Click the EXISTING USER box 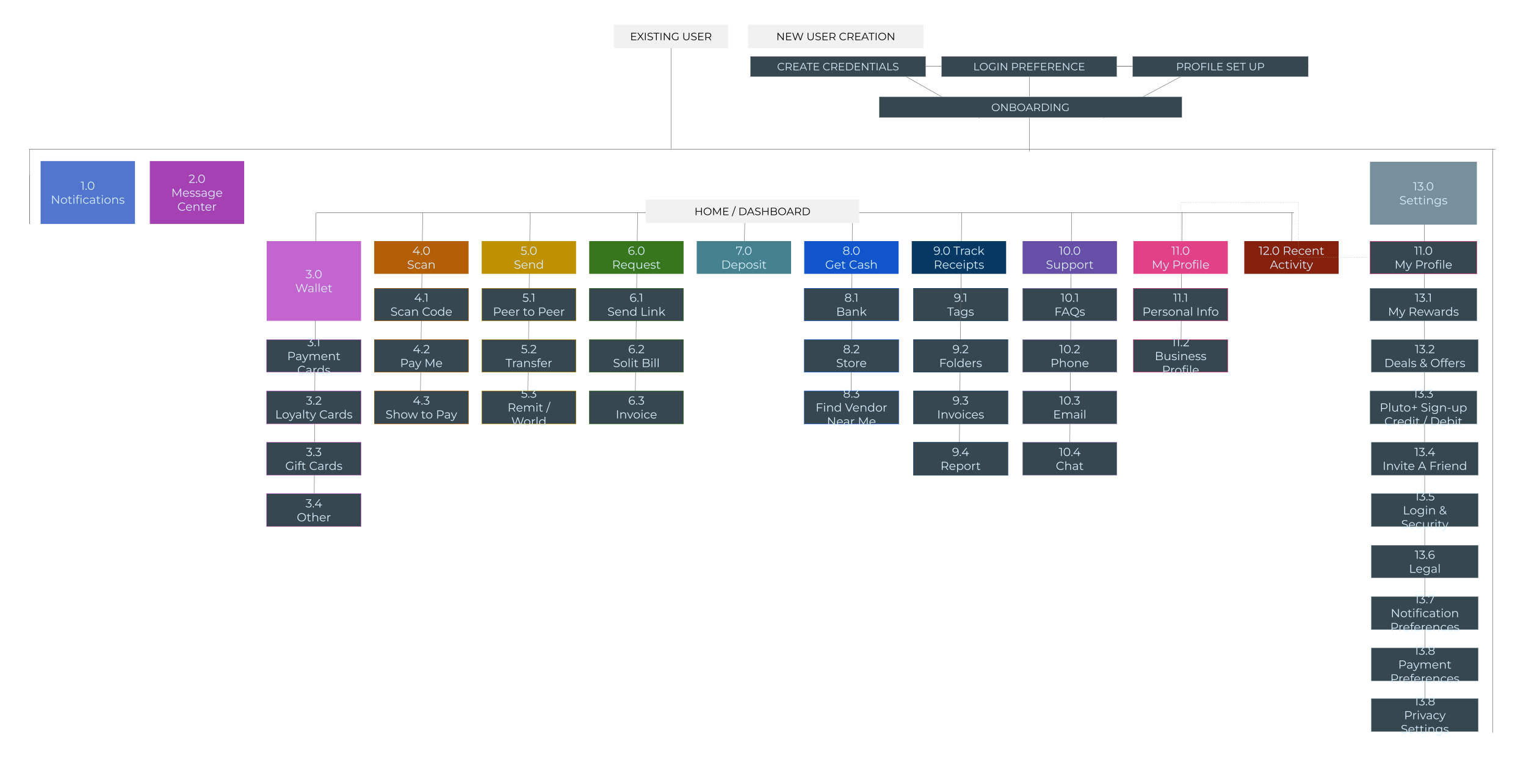point(670,37)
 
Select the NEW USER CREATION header point(835,37)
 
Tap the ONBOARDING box point(1030,107)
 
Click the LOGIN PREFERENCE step point(1029,67)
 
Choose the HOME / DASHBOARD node point(751,212)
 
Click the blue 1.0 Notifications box point(87,192)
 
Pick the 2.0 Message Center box point(197,192)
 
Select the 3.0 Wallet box point(313,281)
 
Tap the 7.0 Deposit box point(743,258)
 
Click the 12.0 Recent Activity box point(1290,258)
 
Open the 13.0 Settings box point(1422,193)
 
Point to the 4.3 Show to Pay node point(421,408)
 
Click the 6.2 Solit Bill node point(635,356)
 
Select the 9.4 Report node point(960,459)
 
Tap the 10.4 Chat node point(1069,459)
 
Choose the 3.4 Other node point(313,510)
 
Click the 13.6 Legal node point(1423,562)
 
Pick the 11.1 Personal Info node point(1180,305)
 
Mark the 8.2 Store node point(850,356)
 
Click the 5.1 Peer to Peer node point(528,305)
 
